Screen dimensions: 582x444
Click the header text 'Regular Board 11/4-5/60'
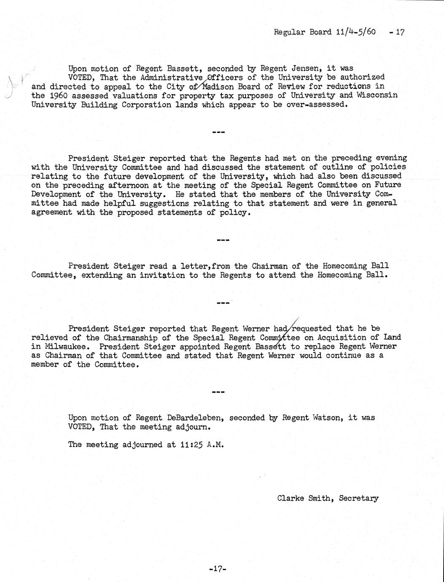325,32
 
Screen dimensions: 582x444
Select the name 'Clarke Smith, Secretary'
328,498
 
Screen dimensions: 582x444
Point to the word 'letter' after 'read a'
194,266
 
